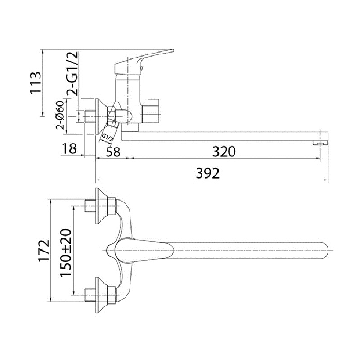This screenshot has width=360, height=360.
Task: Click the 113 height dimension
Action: (36, 82)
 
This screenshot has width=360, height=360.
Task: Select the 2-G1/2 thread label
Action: (72, 73)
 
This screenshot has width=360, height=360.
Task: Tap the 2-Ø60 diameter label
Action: (60, 115)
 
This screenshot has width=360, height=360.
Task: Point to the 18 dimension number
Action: (69, 148)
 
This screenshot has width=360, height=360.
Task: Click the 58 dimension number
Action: (113, 152)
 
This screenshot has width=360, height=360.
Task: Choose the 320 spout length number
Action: (224, 152)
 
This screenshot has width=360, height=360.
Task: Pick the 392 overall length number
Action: (207, 173)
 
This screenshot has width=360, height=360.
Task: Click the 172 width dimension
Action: (44, 251)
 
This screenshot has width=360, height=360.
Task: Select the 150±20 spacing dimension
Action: (66, 253)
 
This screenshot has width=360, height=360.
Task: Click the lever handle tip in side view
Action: (172, 50)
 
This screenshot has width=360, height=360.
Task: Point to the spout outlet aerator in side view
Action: (320, 143)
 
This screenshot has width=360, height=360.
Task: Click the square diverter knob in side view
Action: (151, 111)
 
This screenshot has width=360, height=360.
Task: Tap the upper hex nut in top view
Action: (112, 206)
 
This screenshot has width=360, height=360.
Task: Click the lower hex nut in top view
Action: (112, 295)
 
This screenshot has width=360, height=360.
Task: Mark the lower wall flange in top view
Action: (98, 295)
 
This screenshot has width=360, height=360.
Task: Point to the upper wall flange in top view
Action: (98, 206)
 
